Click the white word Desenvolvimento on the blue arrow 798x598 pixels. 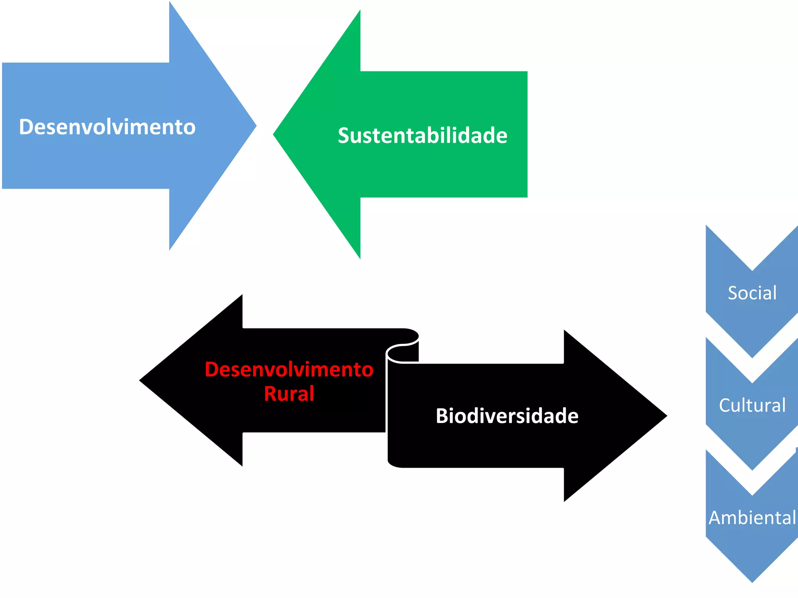coord(107,127)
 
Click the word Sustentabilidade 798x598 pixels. coord(422,135)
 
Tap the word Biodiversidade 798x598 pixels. coord(507,416)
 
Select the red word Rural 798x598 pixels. coord(289,394)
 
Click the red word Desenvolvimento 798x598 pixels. coord(289,369)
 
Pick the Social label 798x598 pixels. coord(752,293)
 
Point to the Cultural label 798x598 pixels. coord(752,405)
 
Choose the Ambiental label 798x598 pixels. coord(752,518)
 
